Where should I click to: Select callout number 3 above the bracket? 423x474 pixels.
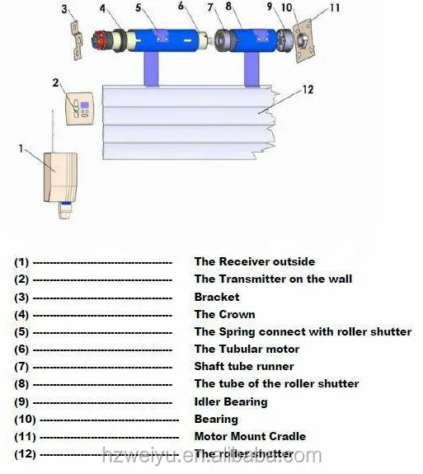tap(66, 10)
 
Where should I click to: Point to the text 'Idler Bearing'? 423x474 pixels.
tap(231, 401)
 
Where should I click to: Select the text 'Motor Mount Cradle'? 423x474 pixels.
tap(250, 436)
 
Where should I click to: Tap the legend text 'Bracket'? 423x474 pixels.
tap(217, 297)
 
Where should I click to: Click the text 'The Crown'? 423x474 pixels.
tap(224, 314)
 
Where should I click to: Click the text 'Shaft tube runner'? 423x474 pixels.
tap(244, 366)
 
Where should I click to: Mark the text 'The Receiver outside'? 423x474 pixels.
tap(254, 261)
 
